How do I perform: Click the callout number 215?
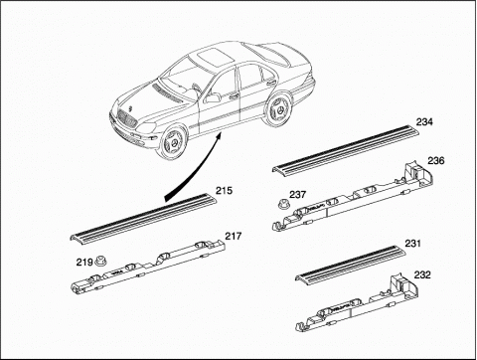(x=225, y=191)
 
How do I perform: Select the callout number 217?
(x=234, y=236)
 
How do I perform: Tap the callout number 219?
(x=84, y=263)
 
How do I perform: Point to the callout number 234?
(x=424, y=122)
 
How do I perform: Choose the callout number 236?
(x=436, y=161)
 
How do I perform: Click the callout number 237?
(x=297, y=195)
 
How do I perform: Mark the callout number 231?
(x=412, y=244)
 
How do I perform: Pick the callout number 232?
(x=422, y=274)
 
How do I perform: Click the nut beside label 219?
(x=99, y=261)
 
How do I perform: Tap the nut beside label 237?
(x=283, y=202)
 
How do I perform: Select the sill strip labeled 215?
(x=143, y=218)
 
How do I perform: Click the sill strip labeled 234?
(x=346, y=149)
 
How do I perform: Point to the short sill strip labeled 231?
(x=351, y=264)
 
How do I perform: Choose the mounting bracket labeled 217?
(x=148, y=267)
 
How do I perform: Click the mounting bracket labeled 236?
(x=353, y=196)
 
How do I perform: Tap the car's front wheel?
(x=173, y=142)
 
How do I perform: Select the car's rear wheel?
(x=277, y=110)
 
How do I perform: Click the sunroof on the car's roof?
(x=213, y=56)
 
